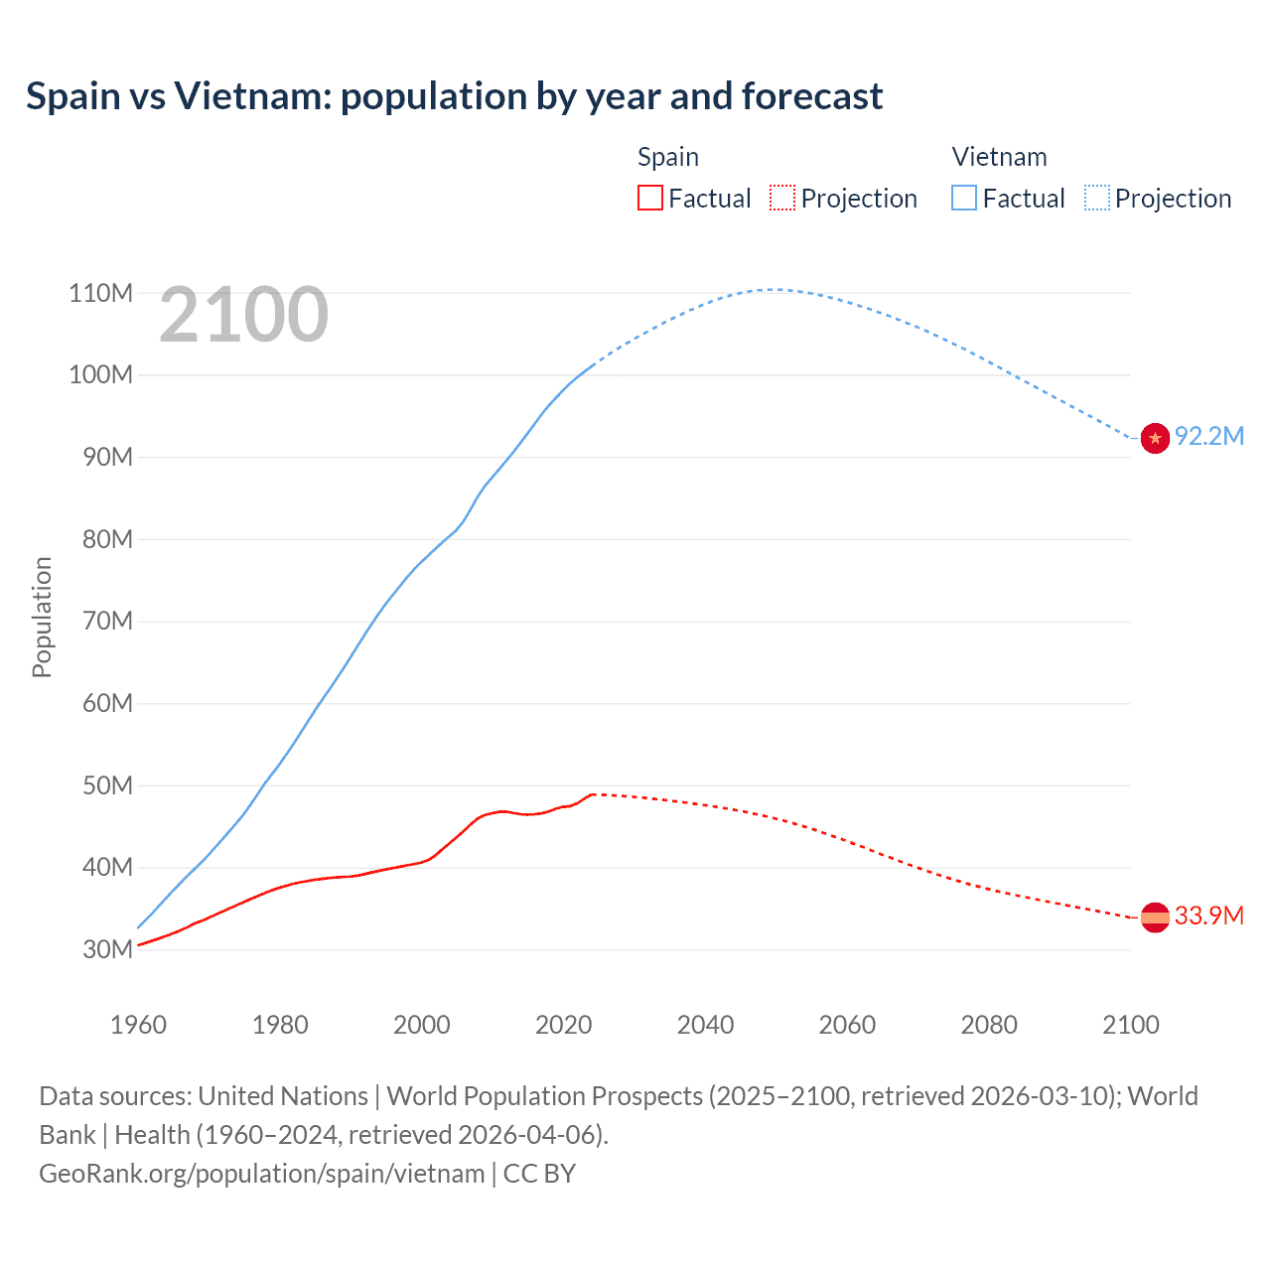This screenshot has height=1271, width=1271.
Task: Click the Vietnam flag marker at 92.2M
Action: [x=1155, y=438]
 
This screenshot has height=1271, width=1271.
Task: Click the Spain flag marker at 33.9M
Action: [x=1155, y=918]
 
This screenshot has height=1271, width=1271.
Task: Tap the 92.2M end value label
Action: [x=1208, y=437]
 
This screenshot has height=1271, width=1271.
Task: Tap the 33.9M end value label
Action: [x=1208, y=916]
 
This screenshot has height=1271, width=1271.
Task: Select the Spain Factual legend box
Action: [x=649, y=199]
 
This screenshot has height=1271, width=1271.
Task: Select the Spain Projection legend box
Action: [x=782, y=199]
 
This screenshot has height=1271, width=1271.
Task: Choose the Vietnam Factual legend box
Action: [x=964, y=199]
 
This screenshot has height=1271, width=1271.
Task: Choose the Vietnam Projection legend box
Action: [x=1097, y=199]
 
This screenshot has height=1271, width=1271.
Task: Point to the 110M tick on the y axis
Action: [x=100, y=293]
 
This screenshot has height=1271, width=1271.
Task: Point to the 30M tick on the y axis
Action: [x=107, y=949]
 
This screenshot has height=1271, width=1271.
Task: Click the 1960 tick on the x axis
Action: [x=138, y=1025]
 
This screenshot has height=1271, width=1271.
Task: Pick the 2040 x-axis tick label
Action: [x=705, y=1025]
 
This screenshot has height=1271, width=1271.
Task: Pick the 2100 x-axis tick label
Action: [x=1130, y=1025]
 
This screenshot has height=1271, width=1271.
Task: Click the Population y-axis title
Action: [x=42, y=618]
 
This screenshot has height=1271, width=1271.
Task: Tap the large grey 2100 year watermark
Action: [x=243, y=315]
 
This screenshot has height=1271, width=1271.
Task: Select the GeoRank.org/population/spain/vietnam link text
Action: [x=261, y=1174]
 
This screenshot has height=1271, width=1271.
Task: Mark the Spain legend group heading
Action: [x=667, y=157]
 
